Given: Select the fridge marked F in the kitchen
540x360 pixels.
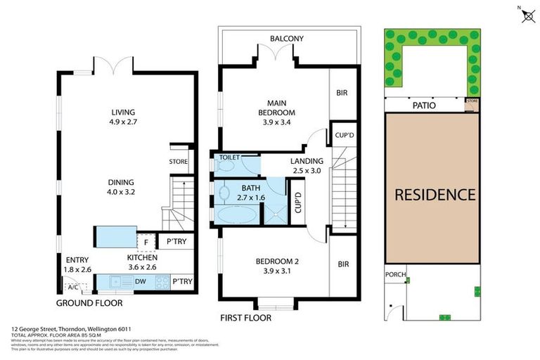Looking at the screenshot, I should click(x=146, y=243).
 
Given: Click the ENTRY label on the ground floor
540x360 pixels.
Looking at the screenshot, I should click(x=77, y=259).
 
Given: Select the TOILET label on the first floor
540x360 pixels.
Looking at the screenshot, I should click(x=230, y=158).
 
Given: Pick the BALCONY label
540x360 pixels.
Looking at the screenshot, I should click(x=287, y=39).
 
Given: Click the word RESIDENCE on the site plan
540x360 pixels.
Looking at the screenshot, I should click(x=434, y=194).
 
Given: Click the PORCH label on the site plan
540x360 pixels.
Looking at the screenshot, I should click(x=396, y=274).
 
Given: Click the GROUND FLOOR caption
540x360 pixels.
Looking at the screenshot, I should click(x=89, y=303).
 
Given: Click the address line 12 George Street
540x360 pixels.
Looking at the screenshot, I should click(x=71, y=328).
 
